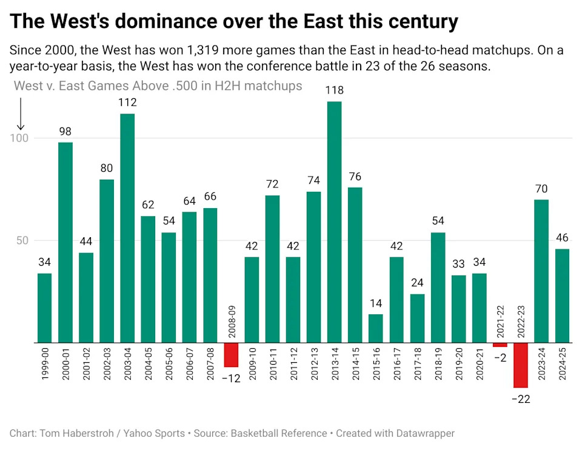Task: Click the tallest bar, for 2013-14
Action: (334, 222)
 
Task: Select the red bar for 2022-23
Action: (521, 365)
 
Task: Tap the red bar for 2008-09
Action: (231, 355)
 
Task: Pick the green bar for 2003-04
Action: (127, 228)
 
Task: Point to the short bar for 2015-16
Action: (376, 328)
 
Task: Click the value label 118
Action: (334, 90)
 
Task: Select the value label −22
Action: (521, 399)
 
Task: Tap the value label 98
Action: (65, 131)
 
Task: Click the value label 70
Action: (541, 189)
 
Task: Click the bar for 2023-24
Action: (541, 271)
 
